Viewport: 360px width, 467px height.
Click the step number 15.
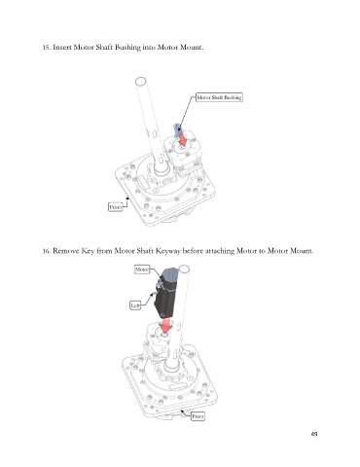[x=47, y=48]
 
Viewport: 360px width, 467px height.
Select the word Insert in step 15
[x=62, y=48]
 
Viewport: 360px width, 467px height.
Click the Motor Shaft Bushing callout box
[x=219, y=97]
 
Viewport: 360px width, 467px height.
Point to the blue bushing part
[x=177, y=129]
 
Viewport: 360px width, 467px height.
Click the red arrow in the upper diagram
[x=182, y=138]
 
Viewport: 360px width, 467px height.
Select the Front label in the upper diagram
[x=116, y=206]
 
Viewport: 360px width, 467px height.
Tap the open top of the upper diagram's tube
[x=140, y=81]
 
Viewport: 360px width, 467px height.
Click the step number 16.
[x=47, y=251]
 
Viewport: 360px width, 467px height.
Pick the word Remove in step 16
[x=65, y=251]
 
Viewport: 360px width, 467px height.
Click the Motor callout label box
[x=142, y=269]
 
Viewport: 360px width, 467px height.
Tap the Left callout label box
[x=135, y=305]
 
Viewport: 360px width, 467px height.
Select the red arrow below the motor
[x=165, y=326]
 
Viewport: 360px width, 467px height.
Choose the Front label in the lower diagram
[x=198, y=416]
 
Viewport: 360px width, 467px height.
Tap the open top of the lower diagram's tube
[x=184, y=269]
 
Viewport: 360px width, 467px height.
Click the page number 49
[x=314, y=434]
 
